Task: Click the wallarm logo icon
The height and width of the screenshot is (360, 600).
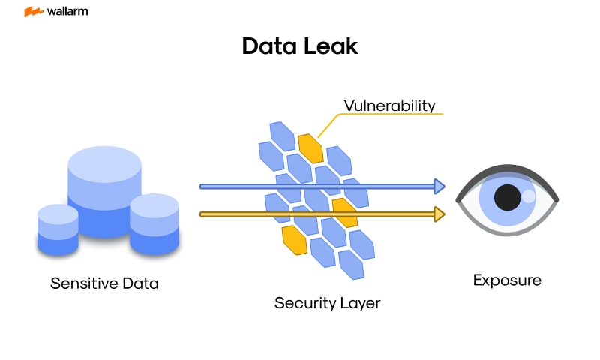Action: point(33,12)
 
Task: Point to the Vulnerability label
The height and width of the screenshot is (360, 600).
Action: point(389,105)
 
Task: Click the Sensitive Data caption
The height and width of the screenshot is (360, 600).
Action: point(104,283)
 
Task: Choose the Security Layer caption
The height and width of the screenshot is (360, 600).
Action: point(327,303)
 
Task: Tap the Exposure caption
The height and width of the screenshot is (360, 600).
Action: point(507,280)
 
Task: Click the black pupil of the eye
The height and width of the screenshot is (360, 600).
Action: point(508,197)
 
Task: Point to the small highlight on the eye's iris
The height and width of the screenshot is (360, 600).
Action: point(529,196)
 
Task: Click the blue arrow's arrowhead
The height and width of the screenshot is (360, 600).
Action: point(439,186)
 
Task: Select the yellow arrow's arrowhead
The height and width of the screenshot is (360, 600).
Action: point(439,214)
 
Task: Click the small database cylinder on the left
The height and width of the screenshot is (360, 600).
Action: point(58,229)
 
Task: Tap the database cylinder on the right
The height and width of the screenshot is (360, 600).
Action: point(154,223)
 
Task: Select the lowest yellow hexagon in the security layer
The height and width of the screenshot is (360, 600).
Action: point(295,238)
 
